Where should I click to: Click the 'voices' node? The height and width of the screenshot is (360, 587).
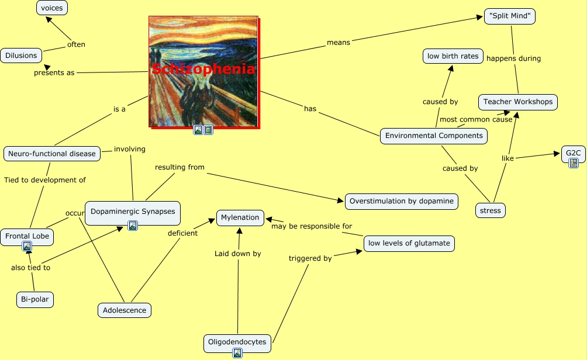tap(52, 8)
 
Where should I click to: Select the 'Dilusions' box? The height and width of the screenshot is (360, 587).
tap(21, 56)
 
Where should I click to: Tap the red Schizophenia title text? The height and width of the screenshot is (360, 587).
tap(203, 70)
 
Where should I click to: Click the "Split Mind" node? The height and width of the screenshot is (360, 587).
tap(510, 16)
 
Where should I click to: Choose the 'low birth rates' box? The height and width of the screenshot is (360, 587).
tap(453, 56)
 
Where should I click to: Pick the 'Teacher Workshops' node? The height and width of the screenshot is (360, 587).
tap(517, 102)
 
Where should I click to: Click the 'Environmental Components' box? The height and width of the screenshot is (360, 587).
tap(434, 136)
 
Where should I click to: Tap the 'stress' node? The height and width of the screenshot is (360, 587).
tap(490, 210)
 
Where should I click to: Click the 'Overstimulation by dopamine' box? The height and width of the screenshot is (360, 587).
tap(402, 201)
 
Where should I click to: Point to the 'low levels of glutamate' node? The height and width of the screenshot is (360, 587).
tap(409, 243)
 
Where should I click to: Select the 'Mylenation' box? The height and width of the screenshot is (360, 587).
tap(240, 217)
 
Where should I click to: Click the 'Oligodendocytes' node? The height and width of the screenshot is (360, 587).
tap(237, 342)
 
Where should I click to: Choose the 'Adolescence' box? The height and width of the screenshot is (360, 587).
tap(124, 310)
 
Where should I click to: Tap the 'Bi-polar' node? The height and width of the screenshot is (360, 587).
tap(35, 300)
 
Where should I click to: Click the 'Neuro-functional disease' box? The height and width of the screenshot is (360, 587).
tap(52, 154)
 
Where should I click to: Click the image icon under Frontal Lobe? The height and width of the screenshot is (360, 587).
tap(27, 246)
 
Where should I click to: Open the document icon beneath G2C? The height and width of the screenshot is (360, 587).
tap(574, 163)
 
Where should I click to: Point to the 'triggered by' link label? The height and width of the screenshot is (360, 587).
tap(310, 258)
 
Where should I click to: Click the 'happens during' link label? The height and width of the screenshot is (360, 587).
tap(513, 58)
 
